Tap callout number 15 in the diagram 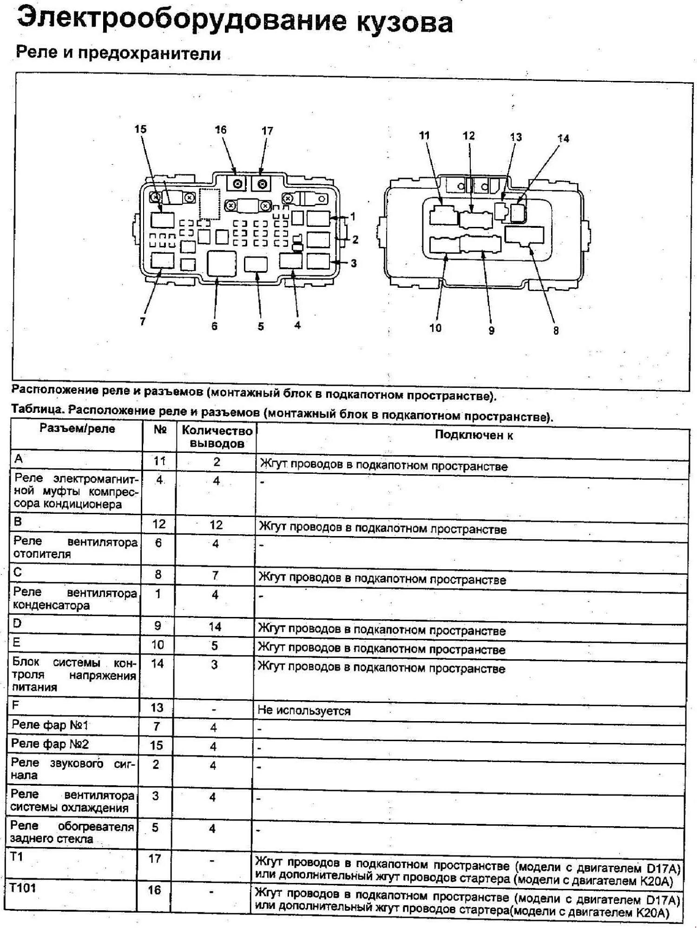[x=140, y=129]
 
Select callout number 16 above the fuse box [x=221, y=130]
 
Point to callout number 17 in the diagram [x=267, y=131]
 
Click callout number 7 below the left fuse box [x=143, y=321]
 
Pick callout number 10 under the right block [x=435, y=328]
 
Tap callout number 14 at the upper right [x=563, y=139]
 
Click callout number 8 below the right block [x=556, y=331]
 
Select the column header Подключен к [x=473, y=435]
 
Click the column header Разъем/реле [x=77, y=428]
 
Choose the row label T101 [x=23, y=888]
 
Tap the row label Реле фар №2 [x=50, y=744]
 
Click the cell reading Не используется [x=304, y=710]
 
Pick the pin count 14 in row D [x=215, y=626]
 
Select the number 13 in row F [x=157, y=708]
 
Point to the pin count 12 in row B [x=216, y=525]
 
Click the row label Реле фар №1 [x=50, y=725]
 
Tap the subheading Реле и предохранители [x=118, y=53]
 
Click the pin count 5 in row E [x=215, y=645]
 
